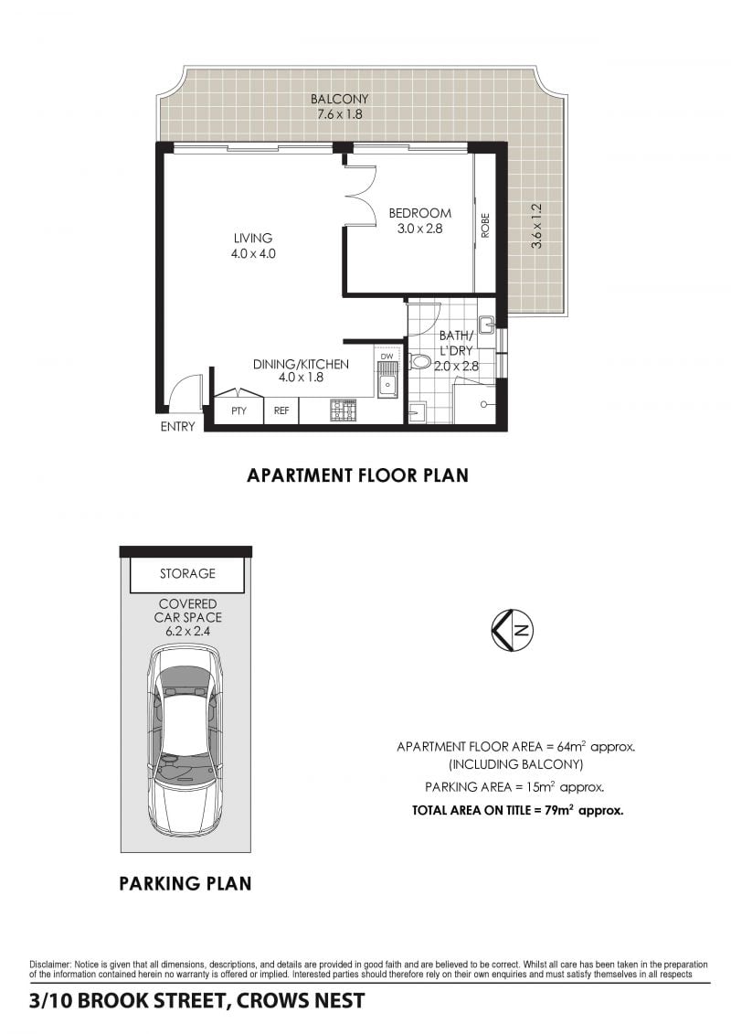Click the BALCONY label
click(340, 99)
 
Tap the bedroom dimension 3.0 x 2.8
click(419, 229)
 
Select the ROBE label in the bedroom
click(486, 225)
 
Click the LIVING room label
click(253, 238)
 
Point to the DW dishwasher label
click(387, 357)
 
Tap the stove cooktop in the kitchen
click(342, 410)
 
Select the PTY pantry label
click(238, 410)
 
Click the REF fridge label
click(281, 410)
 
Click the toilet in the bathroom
click(419, 361)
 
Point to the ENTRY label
click(178, 427)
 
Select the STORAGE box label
click(188, 574)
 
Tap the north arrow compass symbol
click(513, 629)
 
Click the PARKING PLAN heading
click(185, 883)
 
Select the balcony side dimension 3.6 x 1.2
click(537, 226)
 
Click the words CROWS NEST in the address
click(301, 1000)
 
